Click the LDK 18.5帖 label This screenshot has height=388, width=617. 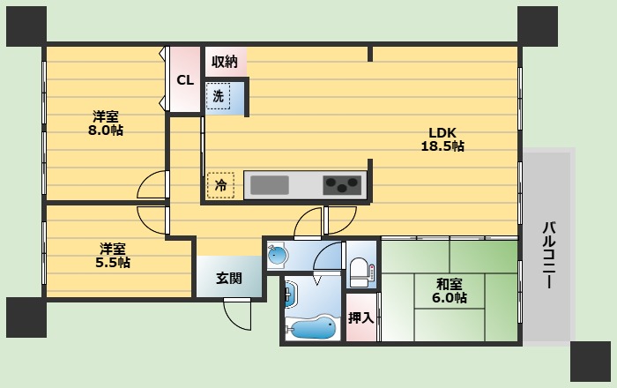click(442, 139)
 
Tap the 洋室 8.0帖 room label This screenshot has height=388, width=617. click(106, 123)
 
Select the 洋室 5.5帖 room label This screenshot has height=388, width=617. click(113, 256)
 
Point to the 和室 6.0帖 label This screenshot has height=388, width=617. click(450, 291)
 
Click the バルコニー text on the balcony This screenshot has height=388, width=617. click(549, 255)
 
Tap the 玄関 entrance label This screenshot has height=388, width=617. click(229, 278)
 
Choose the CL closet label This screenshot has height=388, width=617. click(185, 80)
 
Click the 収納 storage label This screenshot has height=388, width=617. click(225, 62)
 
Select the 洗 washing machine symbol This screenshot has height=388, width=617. click(219, 96)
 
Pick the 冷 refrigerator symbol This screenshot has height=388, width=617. click(220, 185)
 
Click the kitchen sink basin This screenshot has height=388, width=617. click(270, 185)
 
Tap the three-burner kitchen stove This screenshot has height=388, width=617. click(342, 185)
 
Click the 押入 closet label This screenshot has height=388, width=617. click(361, 317)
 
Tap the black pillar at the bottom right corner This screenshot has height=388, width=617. click(591, 362)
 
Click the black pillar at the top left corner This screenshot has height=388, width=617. click(26, 26)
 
